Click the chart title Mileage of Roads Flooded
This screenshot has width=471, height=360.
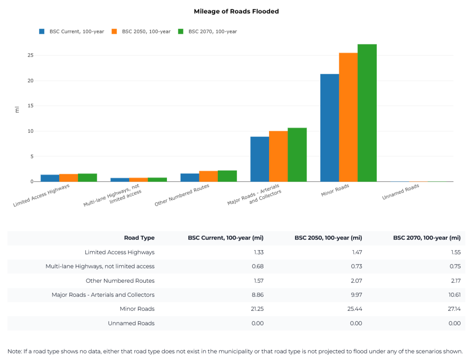[236, 11]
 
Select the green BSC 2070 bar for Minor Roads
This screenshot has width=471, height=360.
[367, 113]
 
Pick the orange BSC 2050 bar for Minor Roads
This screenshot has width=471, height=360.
[348, 117]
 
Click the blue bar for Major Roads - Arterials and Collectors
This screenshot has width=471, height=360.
[259, 159]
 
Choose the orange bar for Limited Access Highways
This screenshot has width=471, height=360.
[68, 178]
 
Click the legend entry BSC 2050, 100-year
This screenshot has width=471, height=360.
[146, 32]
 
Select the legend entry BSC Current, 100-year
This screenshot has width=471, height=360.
[77, 32]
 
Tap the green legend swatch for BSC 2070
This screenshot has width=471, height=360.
[181, 32]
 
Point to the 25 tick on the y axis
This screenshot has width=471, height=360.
[30, 55]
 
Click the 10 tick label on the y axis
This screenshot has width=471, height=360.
[30, 131]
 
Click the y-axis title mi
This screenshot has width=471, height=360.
[17, 110]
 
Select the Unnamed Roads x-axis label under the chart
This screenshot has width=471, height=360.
[400, 192]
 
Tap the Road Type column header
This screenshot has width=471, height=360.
[139, 238]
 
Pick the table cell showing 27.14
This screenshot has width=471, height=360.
[454, 309]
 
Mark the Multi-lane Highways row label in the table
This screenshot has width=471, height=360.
[100, 267]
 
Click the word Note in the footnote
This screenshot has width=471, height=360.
[14, 351]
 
